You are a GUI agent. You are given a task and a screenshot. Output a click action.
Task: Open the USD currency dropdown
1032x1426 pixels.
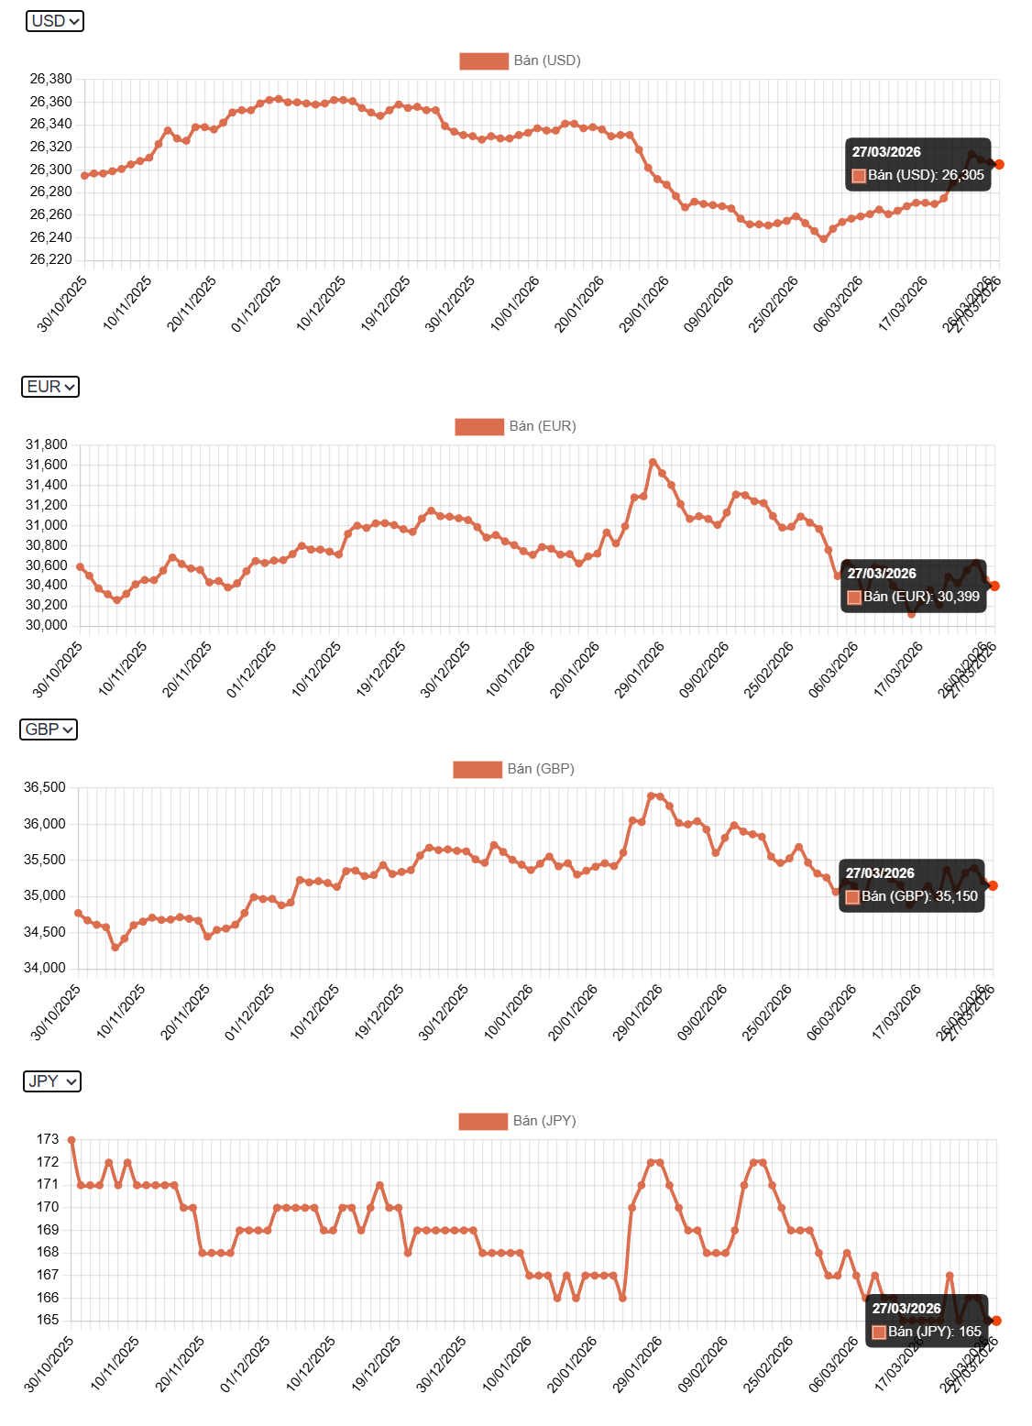(55, 21)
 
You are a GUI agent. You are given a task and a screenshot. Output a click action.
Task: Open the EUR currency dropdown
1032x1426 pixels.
(50, 387)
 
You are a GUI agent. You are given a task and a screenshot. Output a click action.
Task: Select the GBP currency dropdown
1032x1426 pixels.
(49, 729)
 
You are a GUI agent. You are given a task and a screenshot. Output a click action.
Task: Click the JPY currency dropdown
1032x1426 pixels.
(52, 1081)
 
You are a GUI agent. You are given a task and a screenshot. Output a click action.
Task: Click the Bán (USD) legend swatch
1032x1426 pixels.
(483, 60)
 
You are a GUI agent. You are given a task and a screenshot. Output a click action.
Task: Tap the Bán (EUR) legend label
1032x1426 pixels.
(543, 426)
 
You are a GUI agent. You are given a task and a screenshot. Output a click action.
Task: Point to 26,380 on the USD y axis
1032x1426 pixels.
(50, 79)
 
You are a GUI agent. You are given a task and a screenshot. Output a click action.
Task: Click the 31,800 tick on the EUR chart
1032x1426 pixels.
(46, 444)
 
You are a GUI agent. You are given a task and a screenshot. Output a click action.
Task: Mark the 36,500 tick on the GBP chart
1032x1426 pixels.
(45, 787)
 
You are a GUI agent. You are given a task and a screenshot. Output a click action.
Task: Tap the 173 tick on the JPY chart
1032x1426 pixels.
(48, 1139)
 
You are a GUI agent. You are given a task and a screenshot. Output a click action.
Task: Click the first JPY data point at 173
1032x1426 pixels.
(71, 1140)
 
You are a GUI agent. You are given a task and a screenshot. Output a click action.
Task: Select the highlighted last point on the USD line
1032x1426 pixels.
(999, 164)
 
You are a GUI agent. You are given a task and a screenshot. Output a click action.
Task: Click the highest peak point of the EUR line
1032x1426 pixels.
(653, 462)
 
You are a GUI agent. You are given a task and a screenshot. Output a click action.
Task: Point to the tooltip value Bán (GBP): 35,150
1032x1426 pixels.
(919, 896)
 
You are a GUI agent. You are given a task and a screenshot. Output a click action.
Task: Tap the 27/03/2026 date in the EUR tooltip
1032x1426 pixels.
(881, 574)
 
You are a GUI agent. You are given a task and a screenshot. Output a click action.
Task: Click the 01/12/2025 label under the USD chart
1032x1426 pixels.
(257, 304)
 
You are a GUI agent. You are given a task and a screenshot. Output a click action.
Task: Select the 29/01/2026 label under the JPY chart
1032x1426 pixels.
(638, 1365)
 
